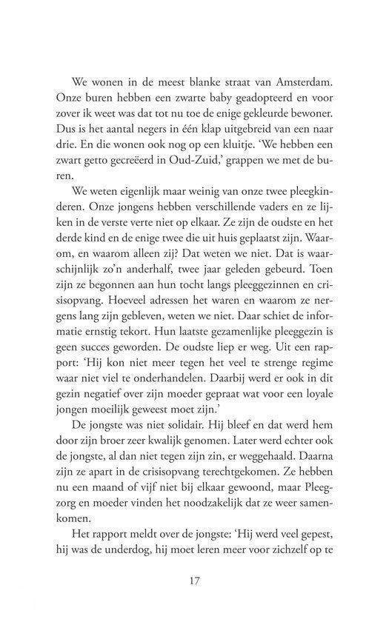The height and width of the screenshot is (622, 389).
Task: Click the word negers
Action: [151, 133]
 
